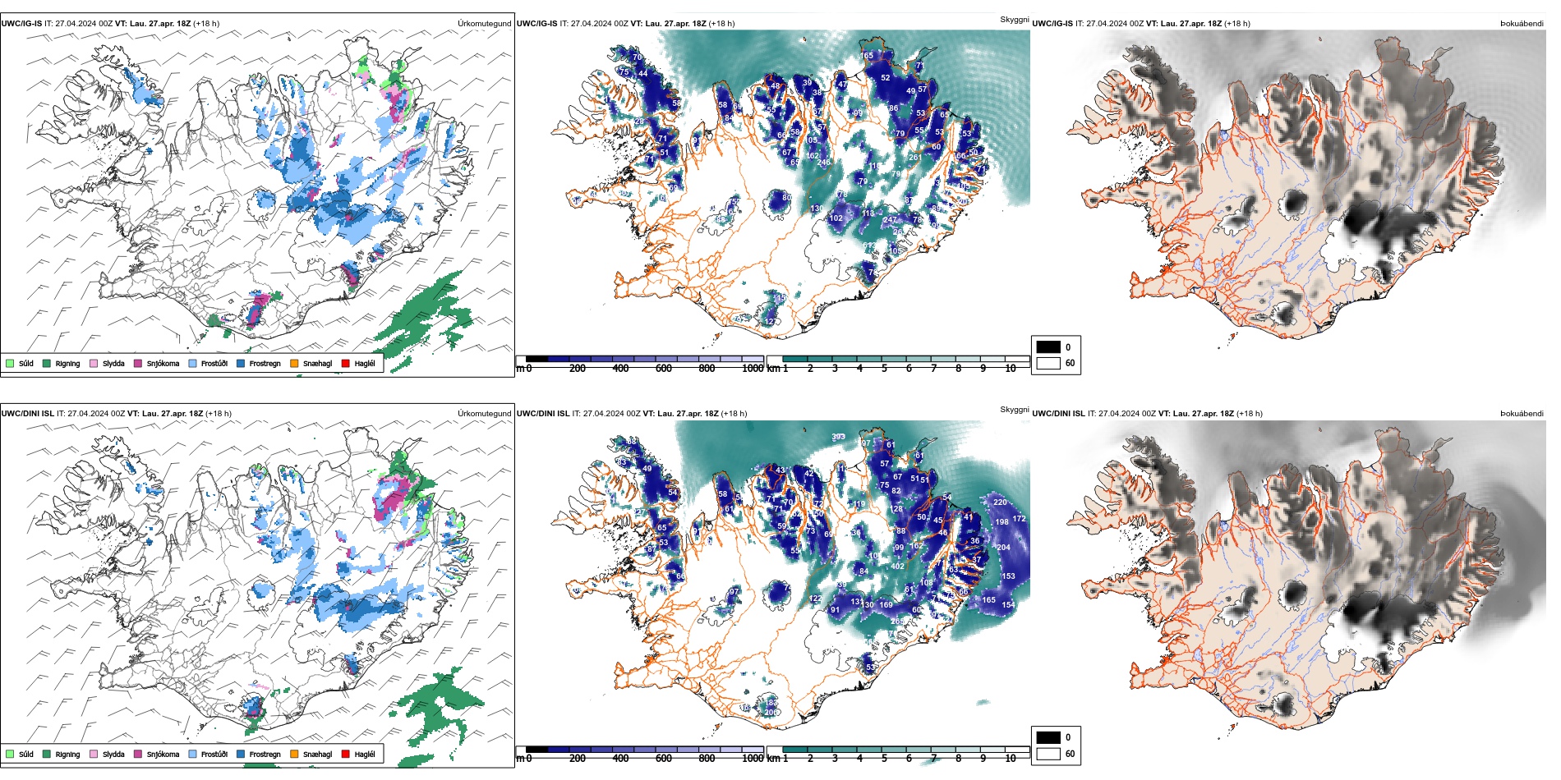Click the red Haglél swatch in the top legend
click(345, 363)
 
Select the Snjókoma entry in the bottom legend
click(162, 754)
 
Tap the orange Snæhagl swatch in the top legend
click(294, 363)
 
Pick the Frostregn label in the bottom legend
click(265, 754)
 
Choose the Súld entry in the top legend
click(25, 363)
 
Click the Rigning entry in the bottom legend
click(67, 754)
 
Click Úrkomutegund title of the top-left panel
click(484, 24)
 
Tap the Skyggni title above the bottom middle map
click(1014, 409)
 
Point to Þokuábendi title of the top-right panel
click(1522, 24)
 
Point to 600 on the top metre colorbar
click(664, 369)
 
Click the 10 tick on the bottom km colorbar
click(1011, 759)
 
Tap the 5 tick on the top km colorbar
click(884, 369)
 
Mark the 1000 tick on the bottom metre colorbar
click(753, 759)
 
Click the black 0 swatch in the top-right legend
click(1048, 346)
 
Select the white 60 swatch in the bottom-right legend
click(1048, 753)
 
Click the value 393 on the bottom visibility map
click(838, 437)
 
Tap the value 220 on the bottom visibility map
click(1000, 502)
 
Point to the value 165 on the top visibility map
click(867, 56)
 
